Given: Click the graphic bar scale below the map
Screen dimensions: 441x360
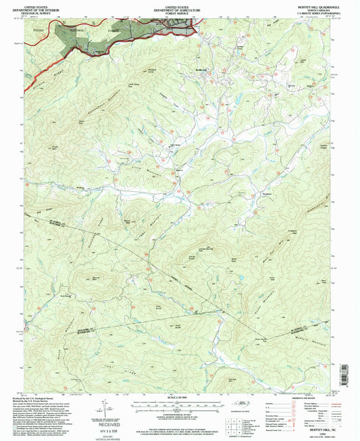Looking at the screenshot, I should point(180,403).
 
